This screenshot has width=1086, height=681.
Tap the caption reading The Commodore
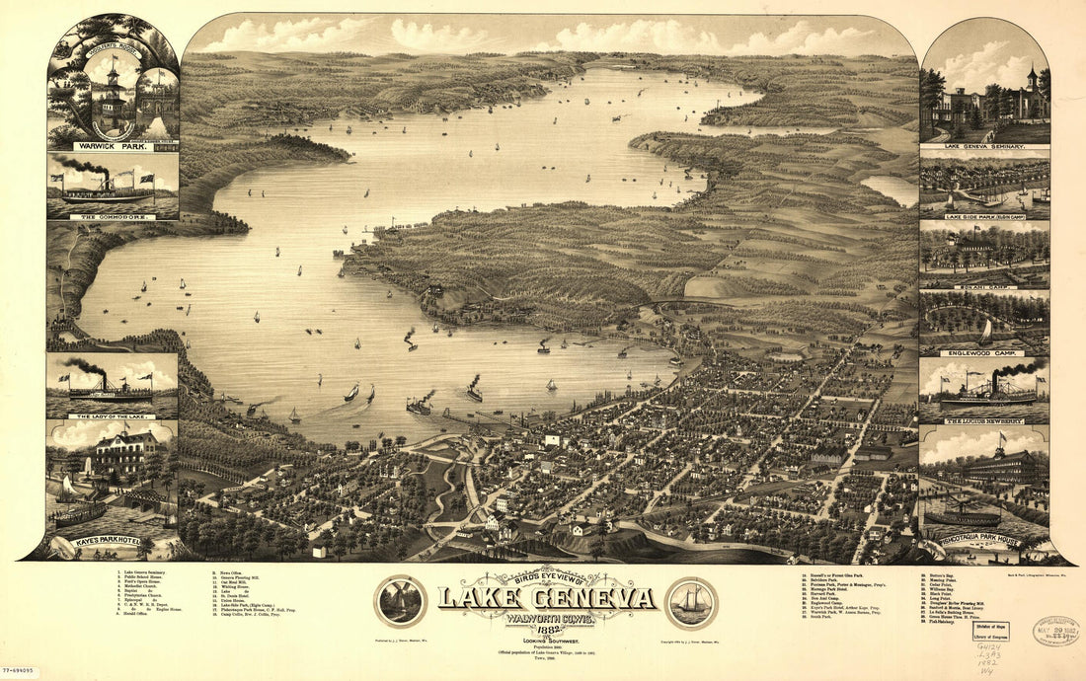coord(112,214)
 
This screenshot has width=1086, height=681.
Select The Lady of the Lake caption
coord(111,416)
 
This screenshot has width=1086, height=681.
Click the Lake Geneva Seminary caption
coord(983,145)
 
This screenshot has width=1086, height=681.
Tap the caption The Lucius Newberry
coord(983,420)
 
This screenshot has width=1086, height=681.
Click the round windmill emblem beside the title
coord(400,601)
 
